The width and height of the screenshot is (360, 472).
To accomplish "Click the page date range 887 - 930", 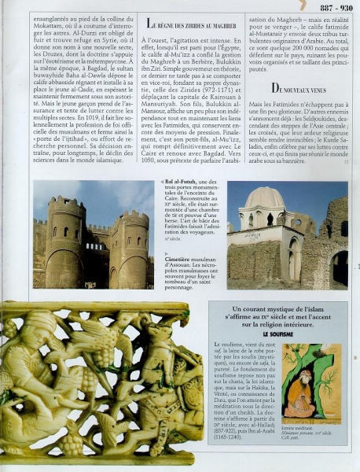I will click(x=336, y=7).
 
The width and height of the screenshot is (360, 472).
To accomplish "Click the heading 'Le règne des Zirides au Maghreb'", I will click(x=193, y=24).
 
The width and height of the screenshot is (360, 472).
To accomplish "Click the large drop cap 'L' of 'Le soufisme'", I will click(x=218, y=345).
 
